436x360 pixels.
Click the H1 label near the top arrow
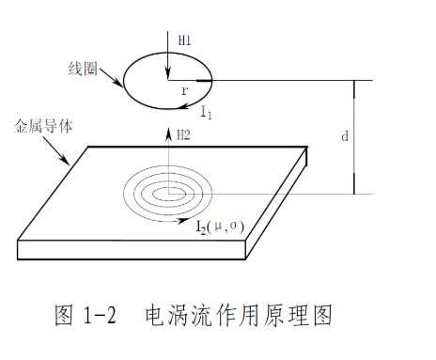click(184, 40)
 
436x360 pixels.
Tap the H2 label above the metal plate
click(183, 135)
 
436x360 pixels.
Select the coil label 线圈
click(83, 69)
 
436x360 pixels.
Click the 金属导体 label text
click(43, 127)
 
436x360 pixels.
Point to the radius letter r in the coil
click(185, 90)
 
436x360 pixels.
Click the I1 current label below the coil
click(206, 112)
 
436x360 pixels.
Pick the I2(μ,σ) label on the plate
click(220, 227)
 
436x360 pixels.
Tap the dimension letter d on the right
click(345, 136)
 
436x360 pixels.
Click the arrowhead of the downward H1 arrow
click(168, 74)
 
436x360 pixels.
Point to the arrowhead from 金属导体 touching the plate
click(66, 161)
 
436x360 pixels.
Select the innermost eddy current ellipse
click(169, 188)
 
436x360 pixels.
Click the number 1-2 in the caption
click(100, 315)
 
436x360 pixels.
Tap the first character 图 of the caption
click(64, 315)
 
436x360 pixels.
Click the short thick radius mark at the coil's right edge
click(204, 81)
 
